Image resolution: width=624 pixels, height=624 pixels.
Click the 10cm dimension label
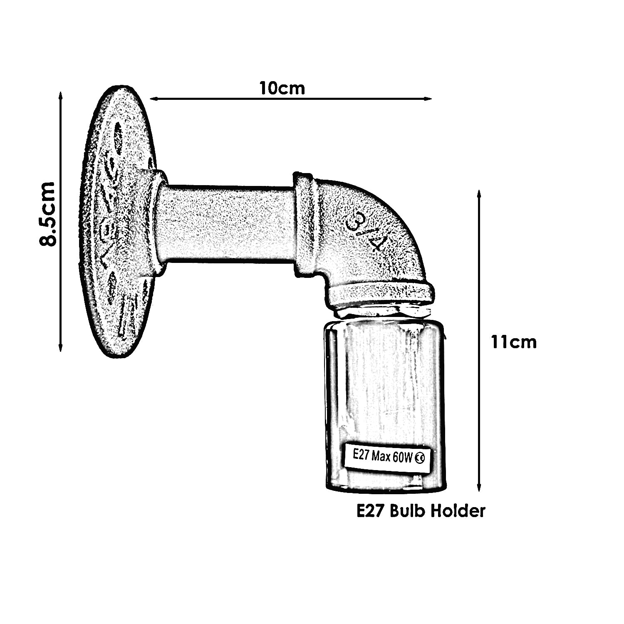tap(282, 88)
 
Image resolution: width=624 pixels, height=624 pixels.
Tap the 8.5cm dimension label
tap(47, 214)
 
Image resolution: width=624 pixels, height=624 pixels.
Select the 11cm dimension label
tap(513, 342)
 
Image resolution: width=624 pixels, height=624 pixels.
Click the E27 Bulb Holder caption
tap(421, 510)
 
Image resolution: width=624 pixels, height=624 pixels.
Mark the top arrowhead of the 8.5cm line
tap(61, 95)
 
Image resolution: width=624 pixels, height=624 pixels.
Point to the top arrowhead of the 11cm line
tap(479, 194)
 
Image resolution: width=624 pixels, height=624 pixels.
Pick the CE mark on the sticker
tap(419, 459)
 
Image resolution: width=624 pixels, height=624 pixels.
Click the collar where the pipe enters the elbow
tap(305, 225)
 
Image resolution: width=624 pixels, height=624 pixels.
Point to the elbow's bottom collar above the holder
tap(381, 293)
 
